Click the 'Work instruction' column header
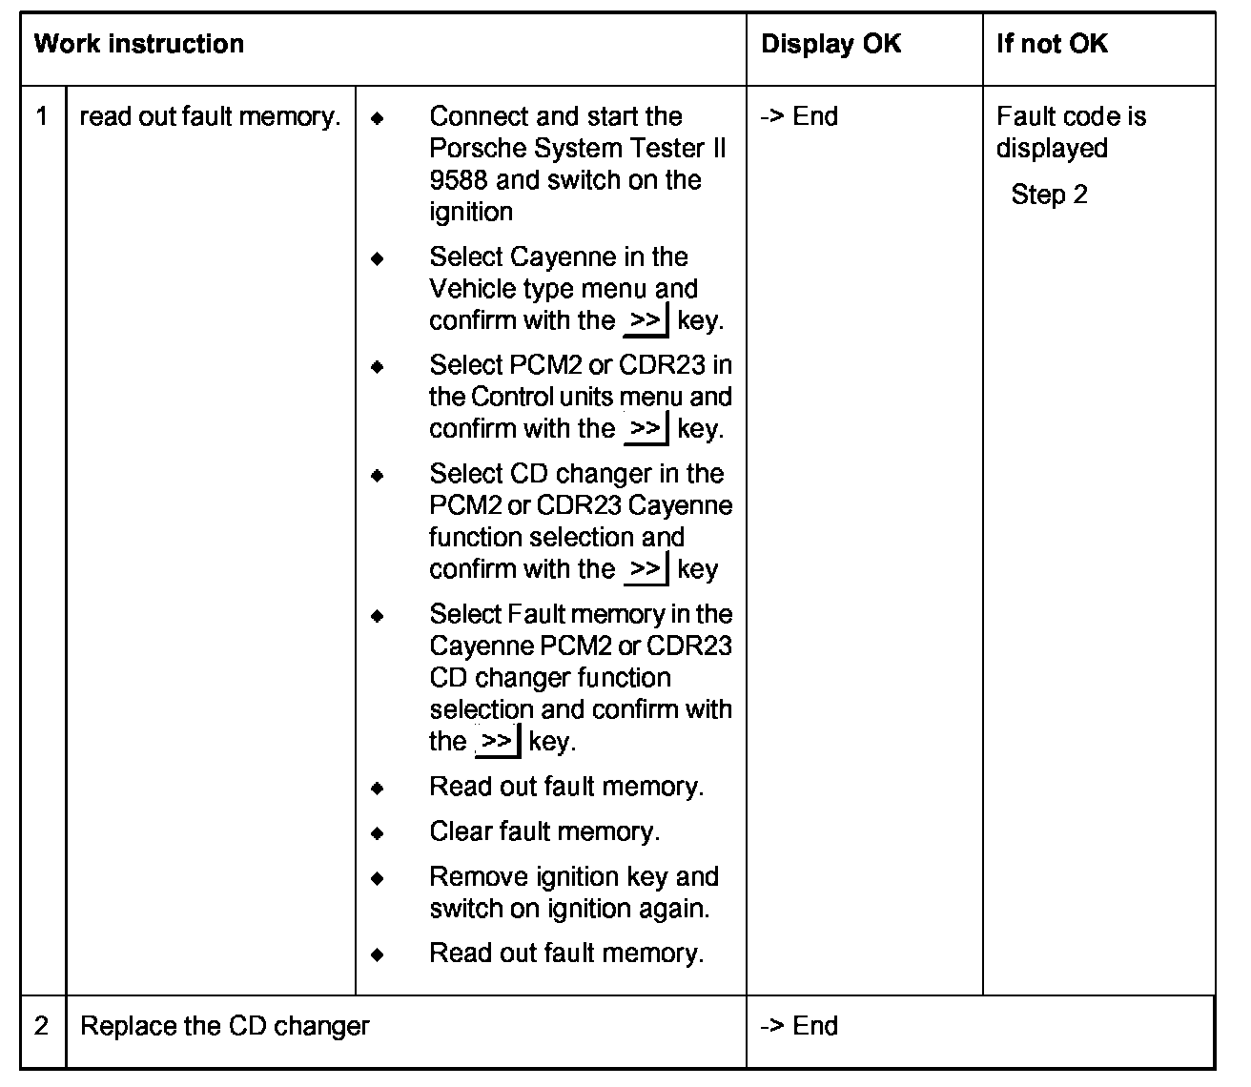coord(139,44)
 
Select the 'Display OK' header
coord(831,44)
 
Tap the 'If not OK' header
coord(1052,44)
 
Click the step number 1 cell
coord(42,117)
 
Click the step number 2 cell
coord(42,1026)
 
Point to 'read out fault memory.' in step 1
coord(210,117)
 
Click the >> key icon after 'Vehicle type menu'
coord(646,321)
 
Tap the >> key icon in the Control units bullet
coord(646,429)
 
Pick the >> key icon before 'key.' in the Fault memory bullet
coord(497,742)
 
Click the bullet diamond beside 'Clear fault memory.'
coord(378,833)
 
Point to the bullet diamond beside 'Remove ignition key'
coord(378,878)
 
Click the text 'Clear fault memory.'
coord(544,832)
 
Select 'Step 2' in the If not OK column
coord(1049,195)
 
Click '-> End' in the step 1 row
coord(799,117)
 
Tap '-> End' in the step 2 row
coord(799,1026)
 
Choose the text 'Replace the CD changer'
coord(225,1026)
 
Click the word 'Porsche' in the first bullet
coord(474,149)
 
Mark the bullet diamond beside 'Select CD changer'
coord(378,475)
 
